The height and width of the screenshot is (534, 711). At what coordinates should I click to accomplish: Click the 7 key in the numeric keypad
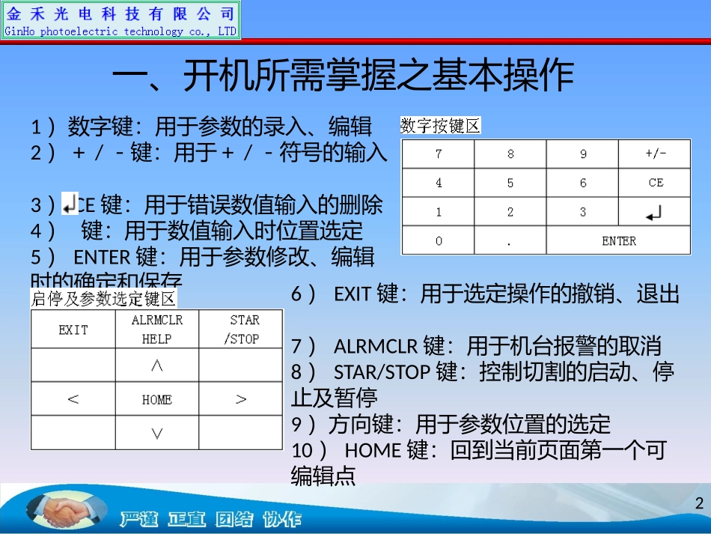438,155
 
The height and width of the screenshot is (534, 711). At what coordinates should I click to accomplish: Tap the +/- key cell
655,155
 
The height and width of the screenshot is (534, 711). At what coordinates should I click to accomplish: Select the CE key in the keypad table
655,183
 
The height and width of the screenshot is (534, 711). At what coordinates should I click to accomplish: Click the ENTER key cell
618,241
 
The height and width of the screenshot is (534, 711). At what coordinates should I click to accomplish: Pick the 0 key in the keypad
438,241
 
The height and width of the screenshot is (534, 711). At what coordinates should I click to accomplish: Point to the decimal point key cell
510,241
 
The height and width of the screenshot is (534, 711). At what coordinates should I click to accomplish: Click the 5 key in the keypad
510,183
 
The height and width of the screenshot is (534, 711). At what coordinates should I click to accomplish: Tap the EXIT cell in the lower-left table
73,330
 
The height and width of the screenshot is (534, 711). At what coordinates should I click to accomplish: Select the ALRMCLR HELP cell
156,330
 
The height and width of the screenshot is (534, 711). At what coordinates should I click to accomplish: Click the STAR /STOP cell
241,330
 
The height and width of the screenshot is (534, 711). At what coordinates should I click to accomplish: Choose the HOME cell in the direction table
156,400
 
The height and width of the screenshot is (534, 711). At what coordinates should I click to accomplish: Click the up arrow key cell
156,365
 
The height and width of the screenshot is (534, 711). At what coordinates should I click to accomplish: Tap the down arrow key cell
156,433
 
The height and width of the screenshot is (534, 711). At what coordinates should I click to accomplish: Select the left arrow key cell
73,400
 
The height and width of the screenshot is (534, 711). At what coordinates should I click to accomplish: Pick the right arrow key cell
241,400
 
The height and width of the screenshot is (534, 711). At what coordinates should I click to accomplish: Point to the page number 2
699,503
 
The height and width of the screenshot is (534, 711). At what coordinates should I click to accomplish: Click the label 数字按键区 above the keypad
441,126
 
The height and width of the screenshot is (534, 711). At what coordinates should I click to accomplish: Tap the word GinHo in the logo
21,31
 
